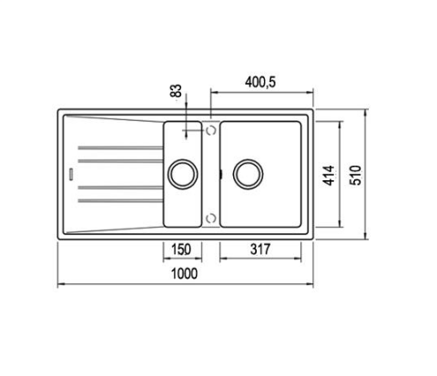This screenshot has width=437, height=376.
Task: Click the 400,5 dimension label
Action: point(260,82)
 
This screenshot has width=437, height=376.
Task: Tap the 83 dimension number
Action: point(176,90)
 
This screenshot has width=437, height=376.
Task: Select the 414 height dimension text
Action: point(329,175)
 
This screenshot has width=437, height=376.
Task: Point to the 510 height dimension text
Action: point(356,175)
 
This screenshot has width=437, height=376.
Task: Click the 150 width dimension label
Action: point(181,249)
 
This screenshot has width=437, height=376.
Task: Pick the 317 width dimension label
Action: point(260,249)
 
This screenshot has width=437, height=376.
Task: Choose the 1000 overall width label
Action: point(185,273)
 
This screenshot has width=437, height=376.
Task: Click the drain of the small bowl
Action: point(183,174)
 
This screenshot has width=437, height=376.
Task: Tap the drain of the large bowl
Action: point(249,174)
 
